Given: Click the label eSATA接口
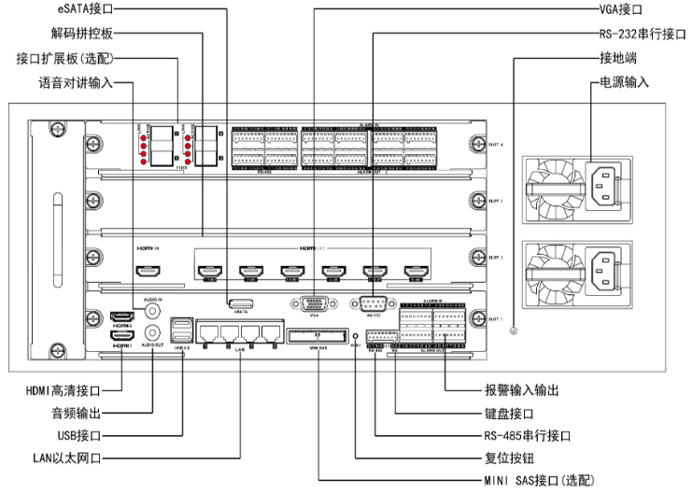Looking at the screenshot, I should pyautogui.click(x=94, y=9).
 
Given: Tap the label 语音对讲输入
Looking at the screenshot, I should pyautogui.click(x=76, y=82).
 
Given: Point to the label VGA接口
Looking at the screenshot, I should pyautogui.click(x=621, y=9).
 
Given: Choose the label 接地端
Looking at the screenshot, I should pyautogui.click(x=617, y=58).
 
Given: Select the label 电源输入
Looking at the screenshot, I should pyautogui.click(x=623, y=82).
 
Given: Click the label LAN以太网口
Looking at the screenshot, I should pyautogui.click(x=65, y=458).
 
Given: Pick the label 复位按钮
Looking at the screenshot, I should pyautogui.click(x=508, y=458).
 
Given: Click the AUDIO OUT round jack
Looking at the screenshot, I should pyautogui.click(x=153, y=332).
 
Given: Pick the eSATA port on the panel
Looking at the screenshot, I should pyautogui.click(x=241, y=303).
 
